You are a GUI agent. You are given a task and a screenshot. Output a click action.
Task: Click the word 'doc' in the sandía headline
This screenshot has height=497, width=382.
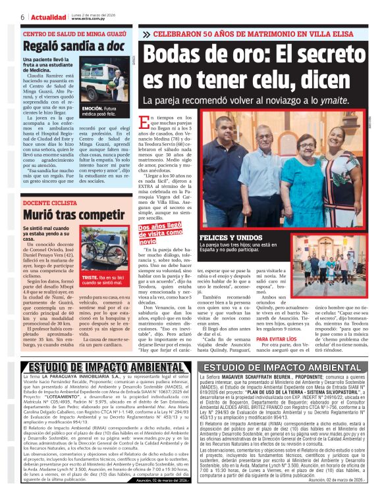[x=115, y=47]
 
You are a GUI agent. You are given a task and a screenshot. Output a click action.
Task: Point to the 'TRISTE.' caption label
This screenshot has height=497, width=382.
[x=90, y=279]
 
